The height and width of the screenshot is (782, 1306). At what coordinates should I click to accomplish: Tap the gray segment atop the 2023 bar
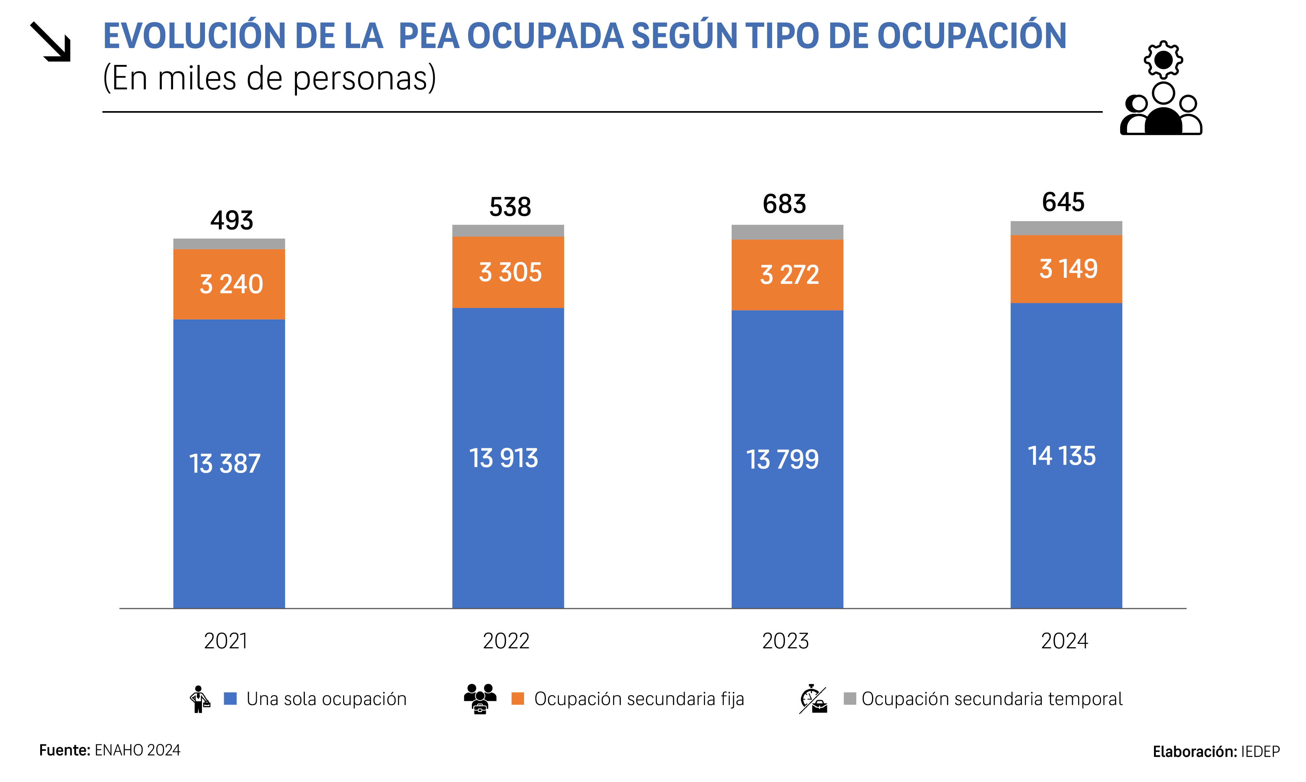click(x=787, y=232)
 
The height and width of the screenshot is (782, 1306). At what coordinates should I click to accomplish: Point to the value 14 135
click(x=1062, y=456)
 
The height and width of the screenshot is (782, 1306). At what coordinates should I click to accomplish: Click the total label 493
click(x=232, y=220)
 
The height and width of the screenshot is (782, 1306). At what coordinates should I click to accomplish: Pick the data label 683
click(x=785, y=204)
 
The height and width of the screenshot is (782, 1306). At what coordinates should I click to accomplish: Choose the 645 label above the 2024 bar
click(x=1063, y=202)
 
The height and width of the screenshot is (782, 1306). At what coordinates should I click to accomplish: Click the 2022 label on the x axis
click(x=506, y=641)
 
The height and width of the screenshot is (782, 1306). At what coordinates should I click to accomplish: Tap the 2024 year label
click(x=1064, y=641)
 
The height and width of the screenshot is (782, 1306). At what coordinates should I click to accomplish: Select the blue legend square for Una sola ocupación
click(x=230, y=699)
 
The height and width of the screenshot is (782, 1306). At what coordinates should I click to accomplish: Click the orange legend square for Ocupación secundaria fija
click(x=518, y=699)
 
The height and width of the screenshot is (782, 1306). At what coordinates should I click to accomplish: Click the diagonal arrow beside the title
click(x=51, y=42)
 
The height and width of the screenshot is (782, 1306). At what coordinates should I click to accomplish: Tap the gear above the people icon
click(x=1163, y=60)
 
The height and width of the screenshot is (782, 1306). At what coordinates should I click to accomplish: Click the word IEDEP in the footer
click(x=1260, y=752)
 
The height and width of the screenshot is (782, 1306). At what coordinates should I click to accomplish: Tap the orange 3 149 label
click(x=1068, y=269)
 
